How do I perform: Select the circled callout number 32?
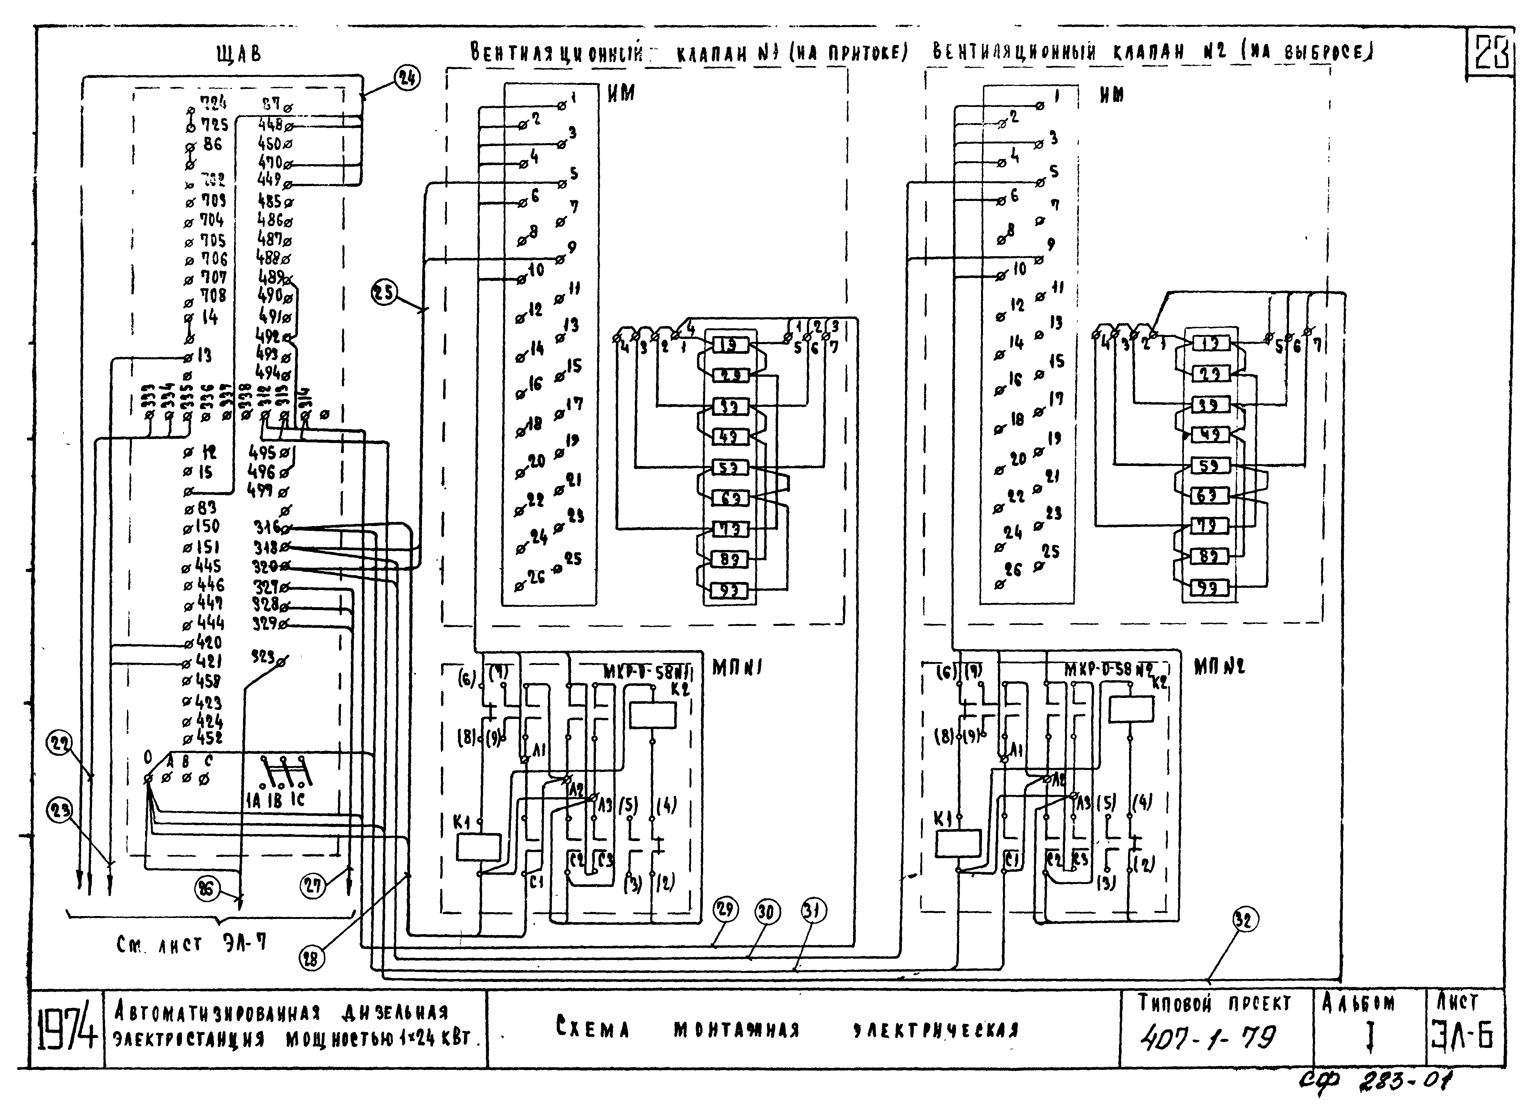[1245, 919]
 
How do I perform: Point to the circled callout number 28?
[311, 958]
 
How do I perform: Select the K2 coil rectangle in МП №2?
[1131, 709]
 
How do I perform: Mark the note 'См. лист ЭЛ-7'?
[191, 944]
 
